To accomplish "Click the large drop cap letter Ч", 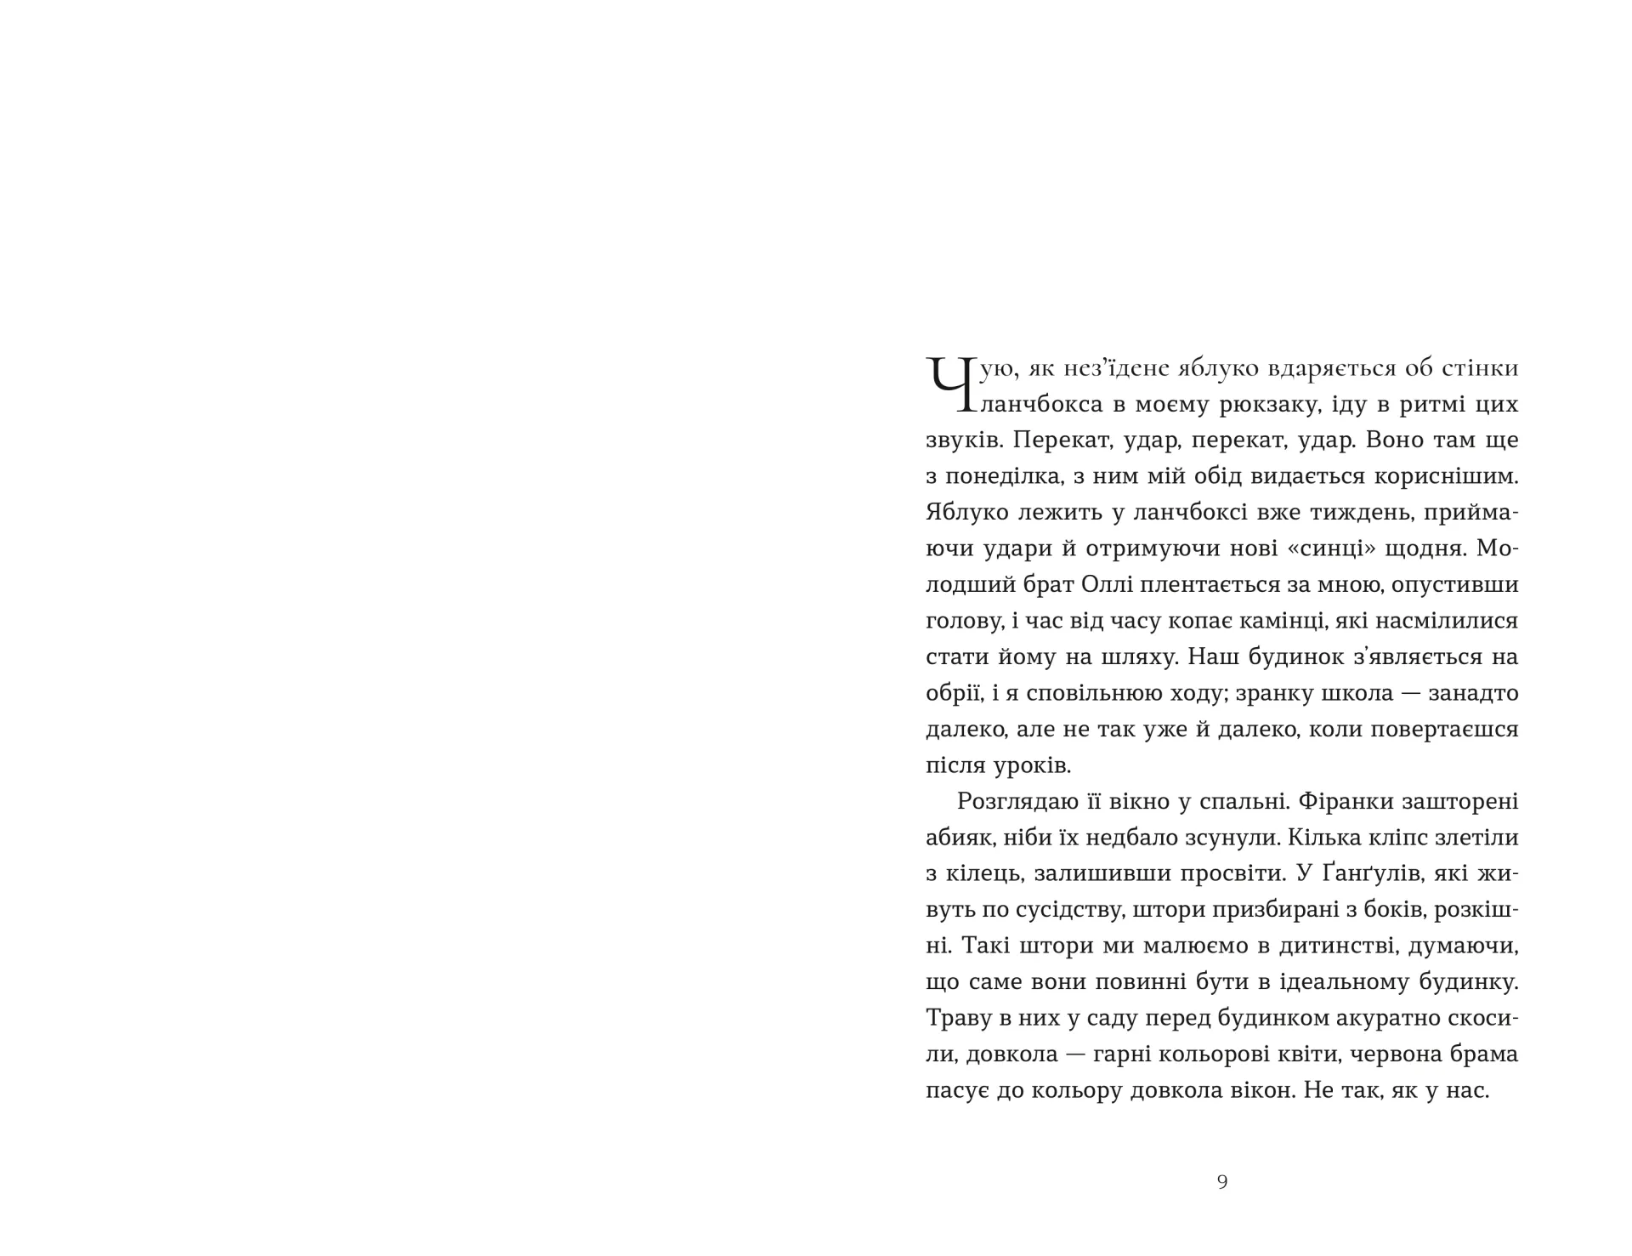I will [950, 384].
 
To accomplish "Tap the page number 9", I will [1222, 1181].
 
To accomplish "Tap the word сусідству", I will [1063, 910].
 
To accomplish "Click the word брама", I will [1482, 1054].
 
